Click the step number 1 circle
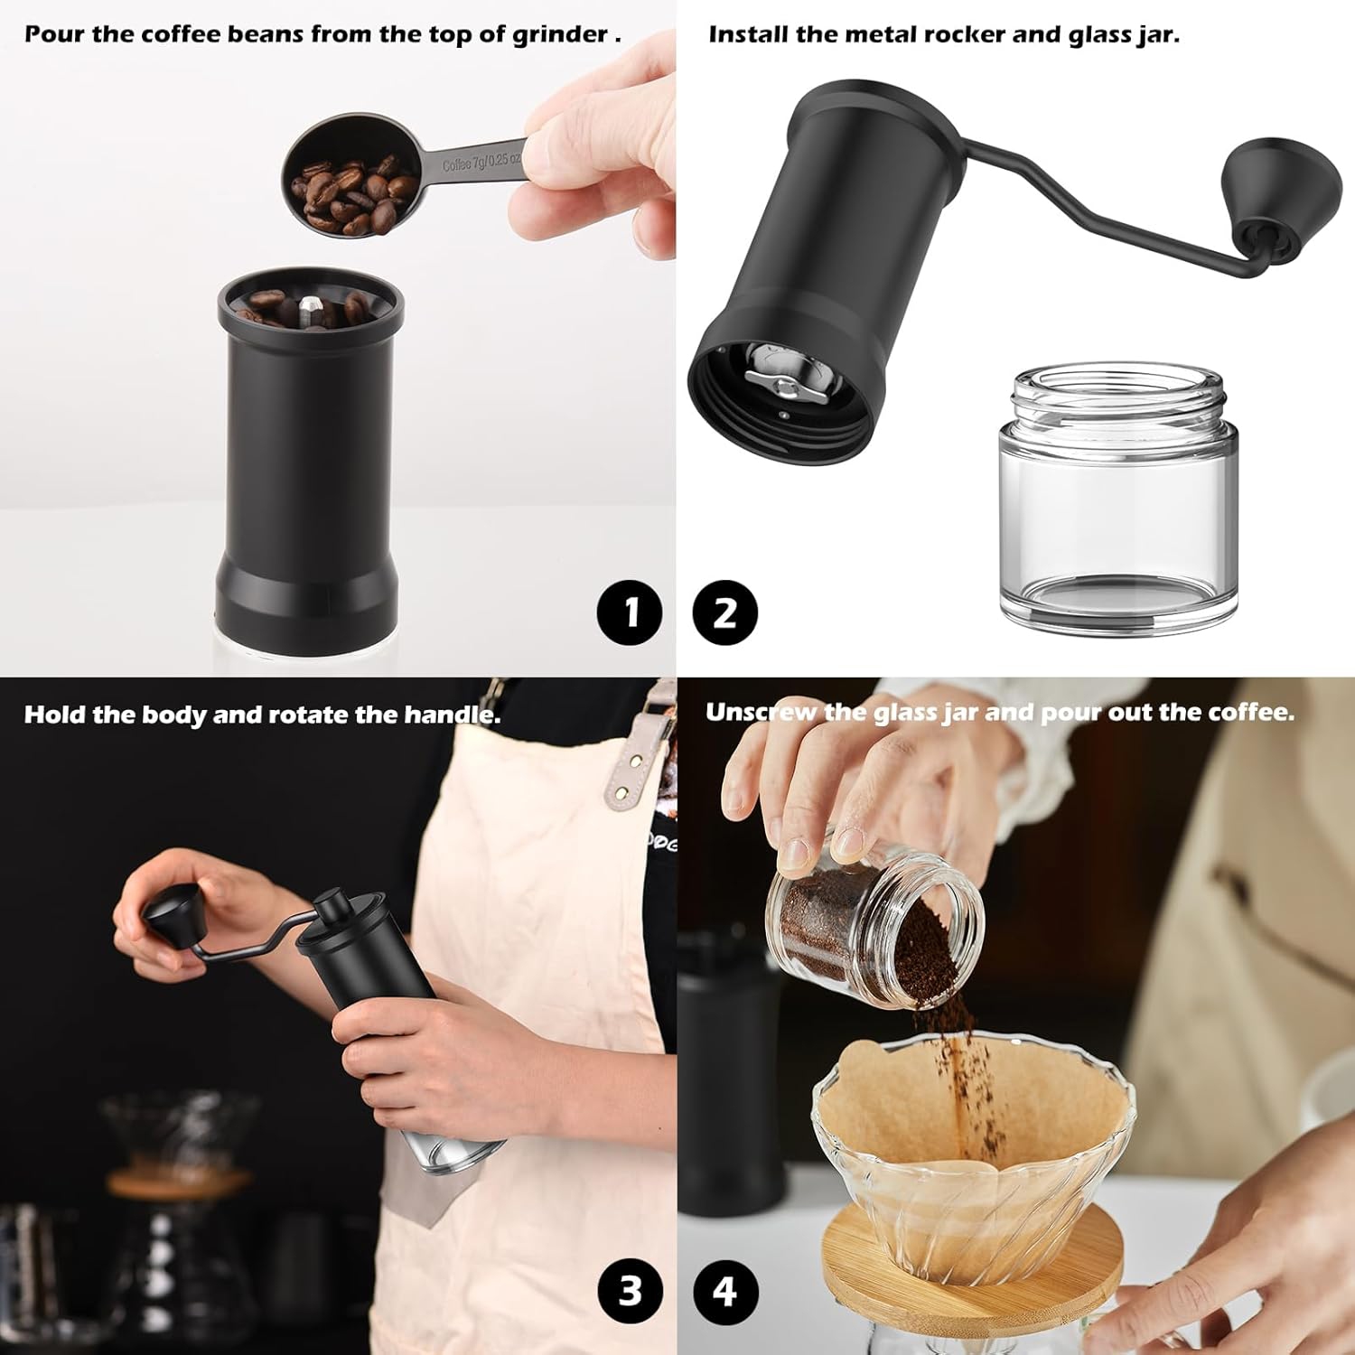point(630,612)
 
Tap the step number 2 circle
point(724,612)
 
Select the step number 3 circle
point(630,1290)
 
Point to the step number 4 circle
point(724,1290)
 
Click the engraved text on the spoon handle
point(481,164)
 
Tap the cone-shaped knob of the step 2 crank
point(1265,194)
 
